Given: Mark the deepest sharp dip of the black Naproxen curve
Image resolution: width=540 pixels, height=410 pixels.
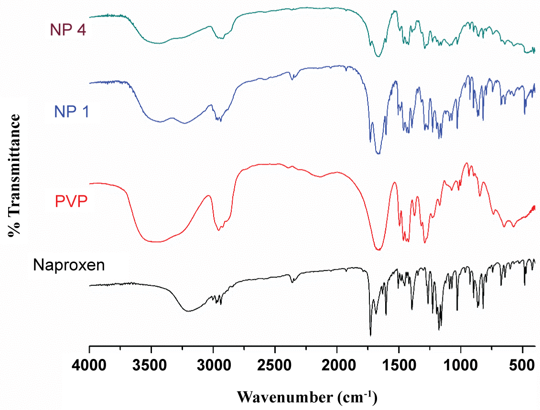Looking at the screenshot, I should point(370,335).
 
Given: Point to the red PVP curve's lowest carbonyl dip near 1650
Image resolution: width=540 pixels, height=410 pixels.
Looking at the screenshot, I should point(378,249).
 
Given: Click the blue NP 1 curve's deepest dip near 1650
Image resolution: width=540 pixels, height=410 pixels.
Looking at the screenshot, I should point(378,154).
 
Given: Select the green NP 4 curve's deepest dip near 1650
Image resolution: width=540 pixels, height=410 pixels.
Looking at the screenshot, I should point(378,56).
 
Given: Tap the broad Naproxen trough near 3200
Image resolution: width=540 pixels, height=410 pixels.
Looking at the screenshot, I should point(189,311).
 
